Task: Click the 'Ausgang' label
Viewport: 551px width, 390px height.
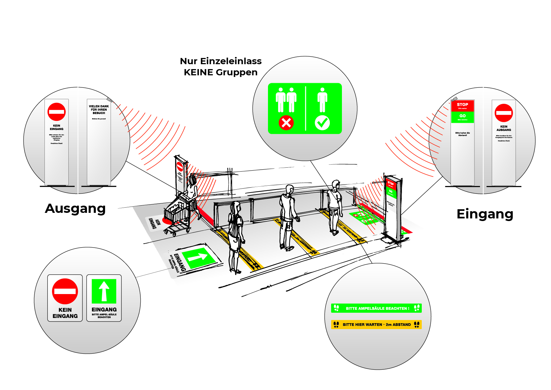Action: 75,209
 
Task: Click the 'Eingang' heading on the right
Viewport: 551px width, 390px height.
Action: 485,214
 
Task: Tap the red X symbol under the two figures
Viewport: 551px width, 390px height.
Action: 286,123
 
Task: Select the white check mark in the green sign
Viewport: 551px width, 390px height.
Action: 322,123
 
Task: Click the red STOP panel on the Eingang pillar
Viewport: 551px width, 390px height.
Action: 462,106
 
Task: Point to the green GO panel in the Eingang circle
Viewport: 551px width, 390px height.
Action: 462,117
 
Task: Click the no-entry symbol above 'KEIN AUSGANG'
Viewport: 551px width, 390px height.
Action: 504,113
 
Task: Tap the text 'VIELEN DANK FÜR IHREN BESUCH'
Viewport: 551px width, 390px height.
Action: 99,110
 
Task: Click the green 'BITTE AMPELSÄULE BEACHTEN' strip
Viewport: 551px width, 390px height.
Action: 376,308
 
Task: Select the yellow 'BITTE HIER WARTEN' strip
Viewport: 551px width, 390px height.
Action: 376,325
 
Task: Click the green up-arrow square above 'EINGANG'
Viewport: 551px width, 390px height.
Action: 104,291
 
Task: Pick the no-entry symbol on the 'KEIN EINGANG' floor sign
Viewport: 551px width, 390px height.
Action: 65,291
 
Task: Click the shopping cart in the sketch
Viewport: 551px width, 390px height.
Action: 177,214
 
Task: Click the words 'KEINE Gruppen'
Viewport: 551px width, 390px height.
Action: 221,72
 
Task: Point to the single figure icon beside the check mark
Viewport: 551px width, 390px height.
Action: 322,100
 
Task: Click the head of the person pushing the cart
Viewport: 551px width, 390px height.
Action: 192,179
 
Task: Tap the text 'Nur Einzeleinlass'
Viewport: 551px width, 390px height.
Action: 221,61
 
